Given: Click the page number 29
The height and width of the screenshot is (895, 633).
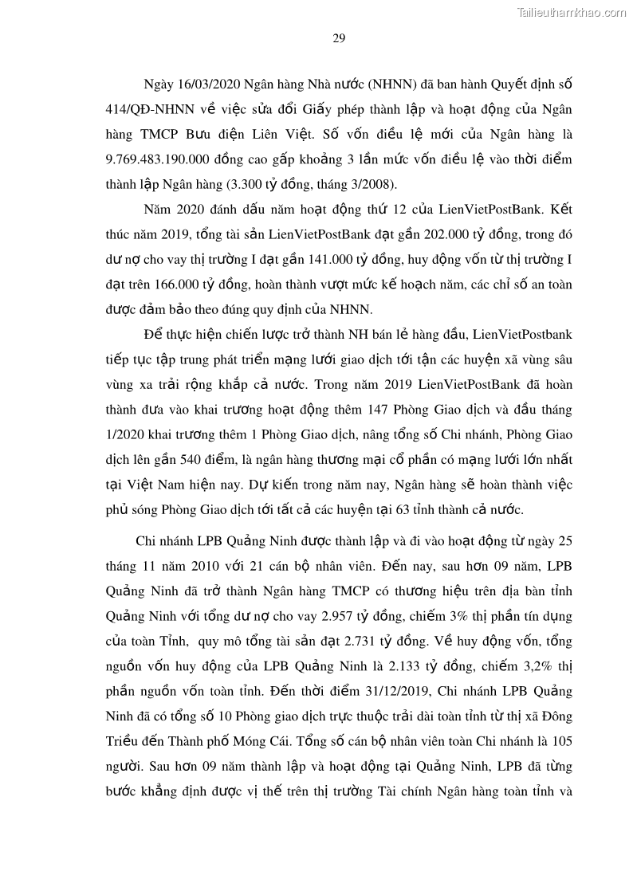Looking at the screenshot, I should (339, 37).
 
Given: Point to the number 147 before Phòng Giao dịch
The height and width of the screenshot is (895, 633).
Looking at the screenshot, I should (368, 409).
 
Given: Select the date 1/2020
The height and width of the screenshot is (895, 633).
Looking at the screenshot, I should (124, 434).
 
